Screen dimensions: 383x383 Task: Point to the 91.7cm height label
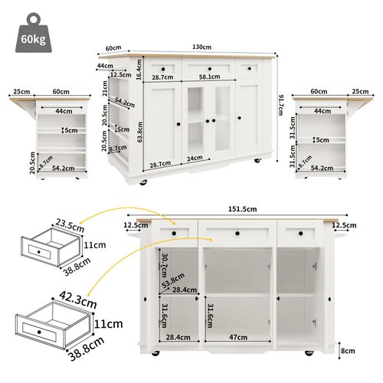[x=281, y=103]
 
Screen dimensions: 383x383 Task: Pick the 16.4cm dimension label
[x=139, y=70]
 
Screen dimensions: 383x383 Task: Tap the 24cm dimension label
[x=195, y=159]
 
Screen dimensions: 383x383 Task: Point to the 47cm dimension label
[x=239, y=336]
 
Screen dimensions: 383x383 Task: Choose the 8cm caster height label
[x=349, y=351]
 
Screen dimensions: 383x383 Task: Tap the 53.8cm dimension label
[x=172, y=281]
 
